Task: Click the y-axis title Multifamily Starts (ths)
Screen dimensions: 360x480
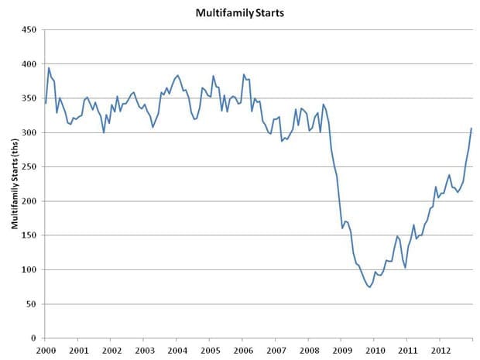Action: click(15, 183)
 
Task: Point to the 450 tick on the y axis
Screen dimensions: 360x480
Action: click(30, 30)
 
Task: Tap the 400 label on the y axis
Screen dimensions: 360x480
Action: click(30, 64)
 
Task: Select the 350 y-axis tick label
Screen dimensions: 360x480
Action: click(30, 98)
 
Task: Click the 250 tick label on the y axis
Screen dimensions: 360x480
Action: click(30, 167)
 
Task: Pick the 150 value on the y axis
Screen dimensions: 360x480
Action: click(30, 235)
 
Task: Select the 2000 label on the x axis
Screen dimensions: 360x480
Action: click(45, 349)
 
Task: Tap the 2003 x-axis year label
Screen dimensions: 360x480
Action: click(144, 349)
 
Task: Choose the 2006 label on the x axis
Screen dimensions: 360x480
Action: click(242, 349)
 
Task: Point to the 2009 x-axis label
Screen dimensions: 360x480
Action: click(341, 349)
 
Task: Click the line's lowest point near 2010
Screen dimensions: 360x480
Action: click(369, 287)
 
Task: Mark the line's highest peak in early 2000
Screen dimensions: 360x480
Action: click(49, 68)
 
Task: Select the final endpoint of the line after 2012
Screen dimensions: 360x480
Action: click(471, 129)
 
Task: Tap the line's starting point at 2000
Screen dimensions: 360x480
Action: click(46, 103)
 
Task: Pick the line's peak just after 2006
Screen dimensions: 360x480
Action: click(244, 74)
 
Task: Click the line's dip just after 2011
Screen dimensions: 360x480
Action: click(405, 268)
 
